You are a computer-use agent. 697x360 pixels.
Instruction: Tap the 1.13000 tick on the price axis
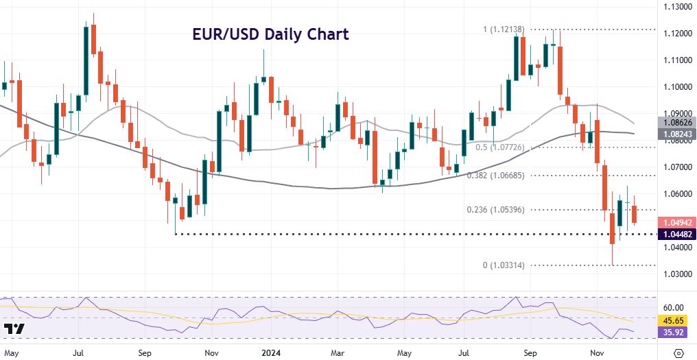pos(676,7)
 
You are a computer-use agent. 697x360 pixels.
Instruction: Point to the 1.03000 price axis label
pos(676,274)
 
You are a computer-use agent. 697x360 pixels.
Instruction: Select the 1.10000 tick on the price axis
pos(676,87)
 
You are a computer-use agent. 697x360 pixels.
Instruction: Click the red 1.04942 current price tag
pos(677,222)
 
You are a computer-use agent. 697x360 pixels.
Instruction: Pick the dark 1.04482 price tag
pos(677,235)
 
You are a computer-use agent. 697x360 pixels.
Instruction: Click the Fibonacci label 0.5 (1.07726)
pos(500,147)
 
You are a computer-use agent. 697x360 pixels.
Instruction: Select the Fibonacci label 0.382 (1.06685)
pos(497,176)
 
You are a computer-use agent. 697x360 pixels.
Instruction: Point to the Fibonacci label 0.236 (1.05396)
pos(497,210)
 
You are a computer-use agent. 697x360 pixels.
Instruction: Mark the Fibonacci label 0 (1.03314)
pos(503,265)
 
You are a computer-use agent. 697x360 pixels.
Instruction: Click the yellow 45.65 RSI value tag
pos(676,320)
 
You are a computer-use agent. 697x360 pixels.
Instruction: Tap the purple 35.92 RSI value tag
pos(676,332)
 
